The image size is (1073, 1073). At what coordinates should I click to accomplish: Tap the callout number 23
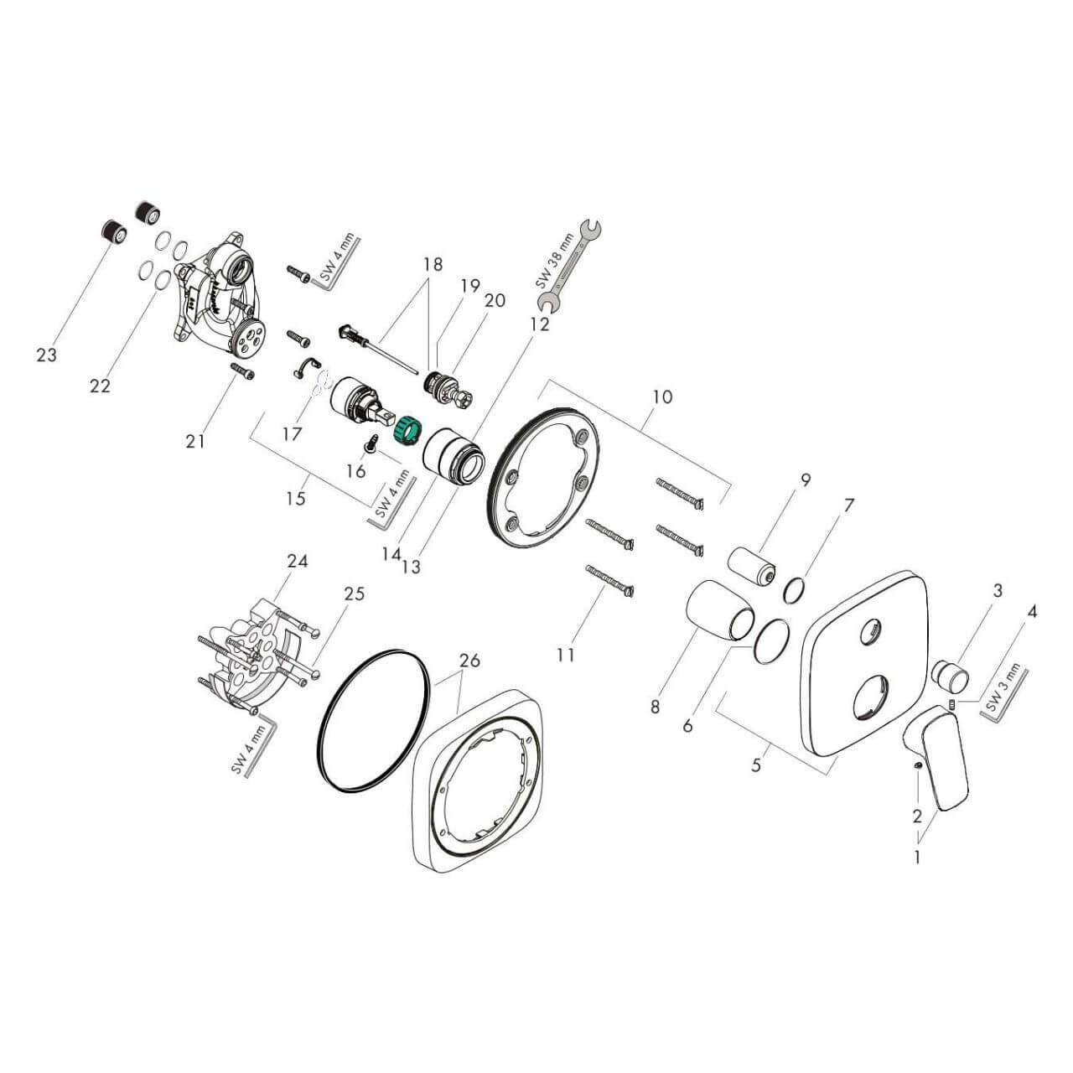coord(47,355)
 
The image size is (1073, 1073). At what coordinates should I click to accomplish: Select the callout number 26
coord(469,661)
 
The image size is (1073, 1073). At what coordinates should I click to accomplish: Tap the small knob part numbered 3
coord(951,672)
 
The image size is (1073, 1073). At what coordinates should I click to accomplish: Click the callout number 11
coord(567,654)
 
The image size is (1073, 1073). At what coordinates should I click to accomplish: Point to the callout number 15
coord(295,499)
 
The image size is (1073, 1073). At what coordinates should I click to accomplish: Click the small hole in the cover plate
coord(871,628)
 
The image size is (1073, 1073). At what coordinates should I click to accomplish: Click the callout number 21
coord(195,440)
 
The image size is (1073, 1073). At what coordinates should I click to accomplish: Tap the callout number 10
coord(662,397)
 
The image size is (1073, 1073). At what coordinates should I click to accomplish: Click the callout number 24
coord(298,562)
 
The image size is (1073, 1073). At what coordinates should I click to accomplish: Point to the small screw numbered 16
coord(370,439)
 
